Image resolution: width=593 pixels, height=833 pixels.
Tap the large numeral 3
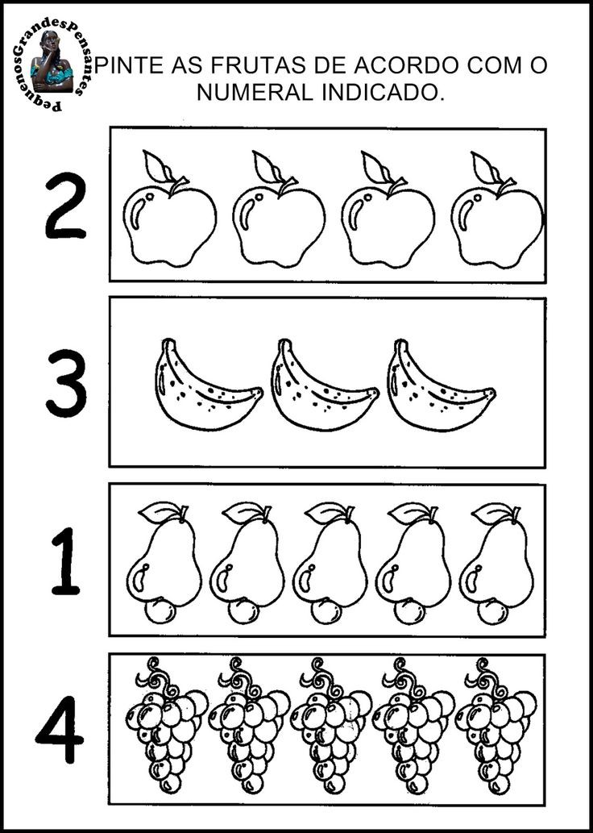point(67,382)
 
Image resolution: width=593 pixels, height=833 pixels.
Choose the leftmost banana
point(208,385)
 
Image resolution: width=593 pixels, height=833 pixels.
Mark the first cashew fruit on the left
point(164,563)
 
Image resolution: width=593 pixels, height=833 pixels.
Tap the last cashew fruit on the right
point(496,563)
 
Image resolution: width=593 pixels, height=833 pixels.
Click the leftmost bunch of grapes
point(166,725)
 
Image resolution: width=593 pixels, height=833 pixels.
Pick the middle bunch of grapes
point(330,725)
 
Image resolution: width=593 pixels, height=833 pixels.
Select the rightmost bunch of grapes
point(496,725)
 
